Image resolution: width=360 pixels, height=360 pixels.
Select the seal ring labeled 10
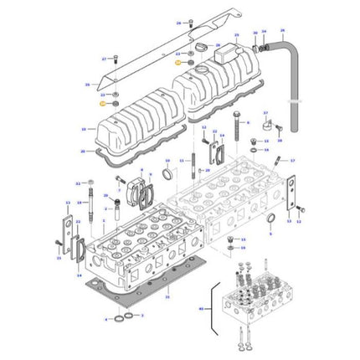[166, 175]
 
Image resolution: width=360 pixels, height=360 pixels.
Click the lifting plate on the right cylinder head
[292, 201]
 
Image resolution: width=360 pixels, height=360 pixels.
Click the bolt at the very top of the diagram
[190, 21]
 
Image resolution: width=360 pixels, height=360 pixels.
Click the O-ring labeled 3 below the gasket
[125, 319]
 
